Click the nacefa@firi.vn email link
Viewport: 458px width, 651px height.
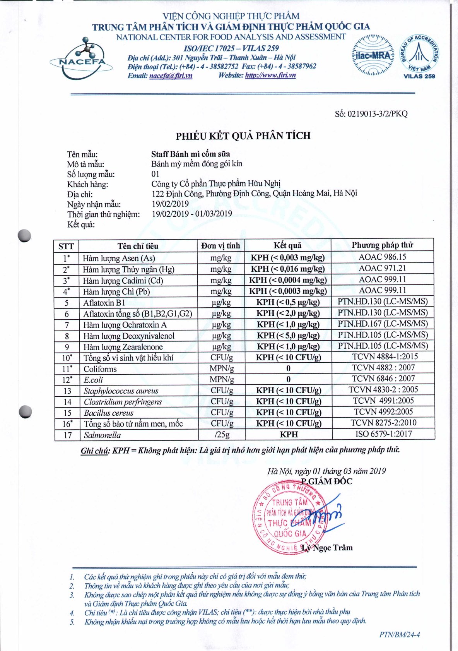pyautogui.click(x=171, y=75)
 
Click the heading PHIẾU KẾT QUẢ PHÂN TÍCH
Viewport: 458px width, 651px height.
pyautogui.click(x=243, y=136)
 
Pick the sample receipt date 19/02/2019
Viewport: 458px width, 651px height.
pyautogui.click(x=170, y=204)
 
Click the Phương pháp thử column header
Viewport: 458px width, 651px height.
pyautogui.click(x=382, y=245)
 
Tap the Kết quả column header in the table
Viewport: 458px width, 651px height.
pyautogui.click(x=287, y=245)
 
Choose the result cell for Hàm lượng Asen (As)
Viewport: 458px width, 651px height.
pyautogui.click(x=287, y=258)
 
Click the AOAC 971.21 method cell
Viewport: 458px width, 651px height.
pyautogui.click(x=382, y=268)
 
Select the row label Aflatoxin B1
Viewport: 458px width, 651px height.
pyautogui.click(x=104, y=303)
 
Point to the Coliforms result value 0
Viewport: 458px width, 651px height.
pyautogui.click(x=288, y=368)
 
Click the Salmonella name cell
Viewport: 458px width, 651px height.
pyautogui.click(x=103, y=435)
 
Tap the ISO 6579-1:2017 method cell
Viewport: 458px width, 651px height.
pyautogui.click(x=383, y=434)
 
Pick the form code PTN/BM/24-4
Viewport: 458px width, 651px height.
pyautogui.click(x=399, y=635)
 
